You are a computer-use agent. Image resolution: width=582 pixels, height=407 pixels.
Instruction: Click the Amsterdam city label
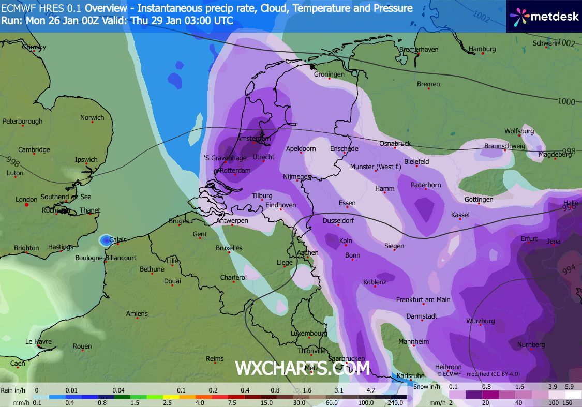254,139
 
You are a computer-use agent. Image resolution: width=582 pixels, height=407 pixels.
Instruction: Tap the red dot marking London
27,205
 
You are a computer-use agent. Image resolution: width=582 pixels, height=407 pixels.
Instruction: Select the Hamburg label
482,49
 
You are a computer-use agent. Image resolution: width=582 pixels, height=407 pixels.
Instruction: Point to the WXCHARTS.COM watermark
302,368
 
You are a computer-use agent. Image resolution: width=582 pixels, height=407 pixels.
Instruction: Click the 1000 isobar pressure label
566,101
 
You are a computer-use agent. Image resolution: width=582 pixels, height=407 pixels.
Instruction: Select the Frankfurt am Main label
423,299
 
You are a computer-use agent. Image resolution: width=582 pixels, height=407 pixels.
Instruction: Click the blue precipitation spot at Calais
106,240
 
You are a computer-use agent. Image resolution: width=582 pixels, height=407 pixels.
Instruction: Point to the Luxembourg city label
309,334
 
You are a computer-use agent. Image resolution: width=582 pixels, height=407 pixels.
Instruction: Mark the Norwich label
92,118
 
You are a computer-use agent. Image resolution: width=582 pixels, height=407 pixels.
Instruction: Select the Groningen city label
329,74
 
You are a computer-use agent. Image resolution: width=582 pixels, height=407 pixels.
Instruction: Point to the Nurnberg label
531,345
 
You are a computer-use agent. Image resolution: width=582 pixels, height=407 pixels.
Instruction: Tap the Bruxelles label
229,248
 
